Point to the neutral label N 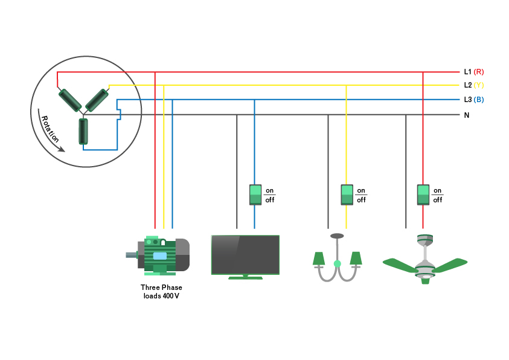coord(467,115)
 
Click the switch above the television coord(255,194)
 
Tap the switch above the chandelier coord(347,194)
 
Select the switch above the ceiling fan coord(423,194)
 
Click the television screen coord(245,255)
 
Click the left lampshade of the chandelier coord(318,259)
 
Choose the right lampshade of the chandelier coord(356,259)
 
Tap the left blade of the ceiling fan coord(400,264)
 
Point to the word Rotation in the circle coord(50,127)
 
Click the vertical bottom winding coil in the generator coord(83,131)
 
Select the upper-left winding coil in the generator coord(69,100)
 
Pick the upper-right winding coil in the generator coord(97,100)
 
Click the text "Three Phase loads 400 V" coord(161,292)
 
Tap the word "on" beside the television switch coord(269,190)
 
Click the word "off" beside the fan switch coord(437,200)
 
